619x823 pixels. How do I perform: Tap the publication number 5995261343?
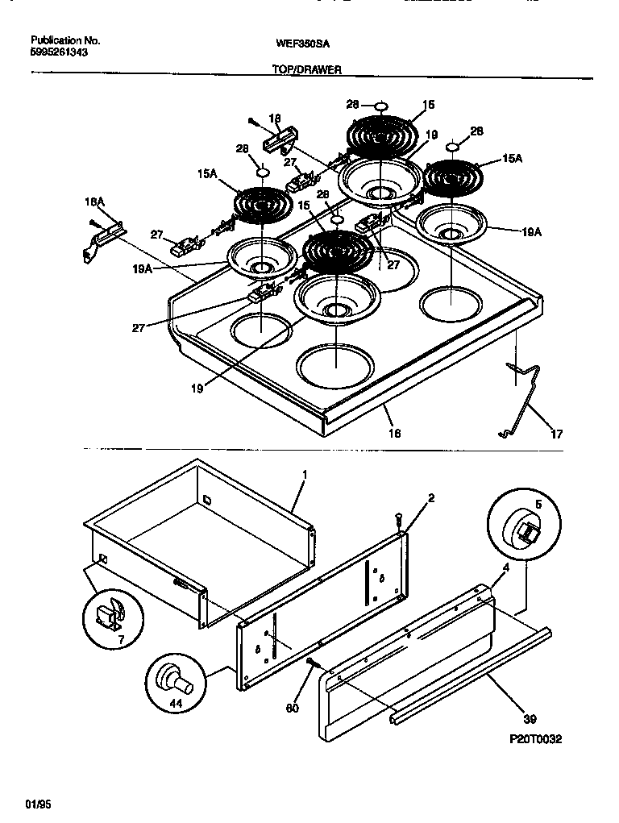[59, 52]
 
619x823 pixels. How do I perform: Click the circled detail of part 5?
[519, 528]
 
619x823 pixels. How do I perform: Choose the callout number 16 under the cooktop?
[394, 433]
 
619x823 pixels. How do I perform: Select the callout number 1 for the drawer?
[305, 476]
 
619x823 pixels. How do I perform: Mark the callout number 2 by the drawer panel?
[430, 498]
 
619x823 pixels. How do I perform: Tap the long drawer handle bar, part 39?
[467, 671]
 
